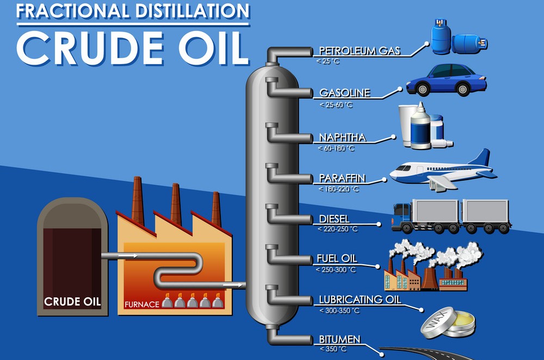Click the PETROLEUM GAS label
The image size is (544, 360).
click(360, 51)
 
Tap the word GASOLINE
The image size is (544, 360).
click(344, 93)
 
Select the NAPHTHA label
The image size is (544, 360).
click(343, 138)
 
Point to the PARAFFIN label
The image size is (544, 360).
click(342, 178)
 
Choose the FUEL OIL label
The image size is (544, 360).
click(337, 259)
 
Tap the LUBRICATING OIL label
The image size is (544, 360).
click(360, 300)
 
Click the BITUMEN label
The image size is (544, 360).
click(339, 340)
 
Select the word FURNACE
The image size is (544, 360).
click(141, 304)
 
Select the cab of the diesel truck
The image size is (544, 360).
click(400, 216)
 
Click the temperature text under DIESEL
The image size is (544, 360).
click(337, 229)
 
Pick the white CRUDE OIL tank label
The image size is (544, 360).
click(72, 301)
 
